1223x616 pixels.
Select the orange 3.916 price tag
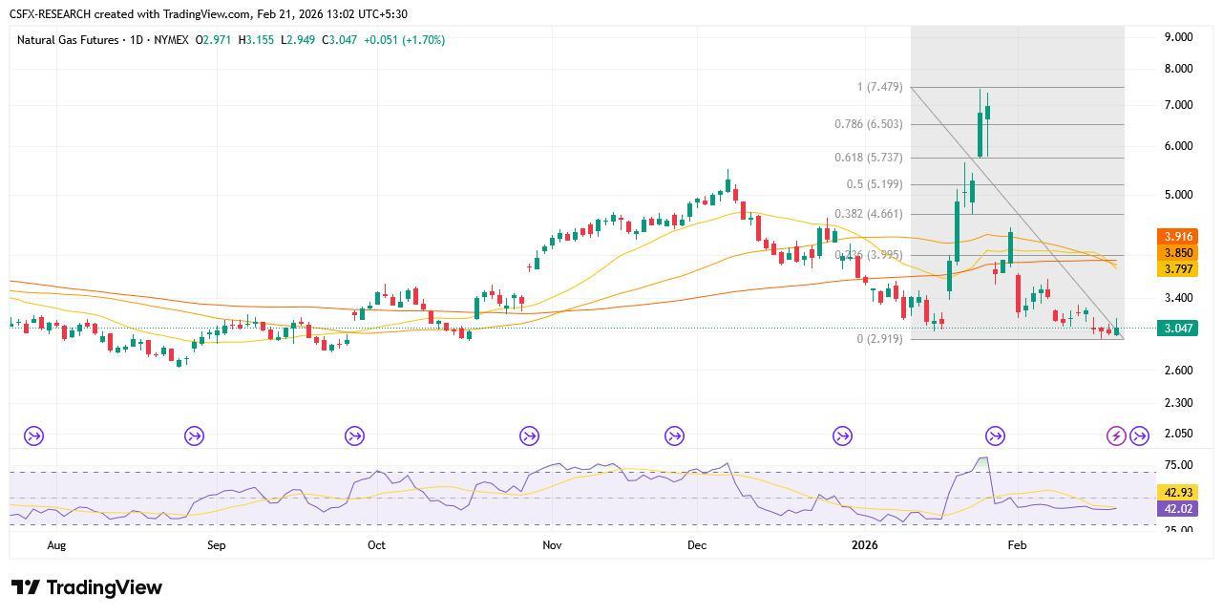[1176, 237]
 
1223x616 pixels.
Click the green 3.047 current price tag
[1176, 329]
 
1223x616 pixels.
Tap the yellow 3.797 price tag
[1176, 269]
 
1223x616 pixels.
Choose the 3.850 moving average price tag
[1176, 253]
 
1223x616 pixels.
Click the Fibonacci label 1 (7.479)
[879, 88]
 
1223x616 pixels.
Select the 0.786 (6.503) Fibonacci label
[868, 124]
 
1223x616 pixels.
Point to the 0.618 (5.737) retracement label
[868, 158]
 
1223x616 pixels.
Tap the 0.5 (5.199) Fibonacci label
[874, 184]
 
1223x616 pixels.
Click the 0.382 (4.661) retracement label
[868, 214]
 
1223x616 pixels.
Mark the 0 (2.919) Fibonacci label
[879, 339]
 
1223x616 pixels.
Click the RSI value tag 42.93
[1176, 493]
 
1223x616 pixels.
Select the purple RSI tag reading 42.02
[1176, 509]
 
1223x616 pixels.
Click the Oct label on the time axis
[376, 545]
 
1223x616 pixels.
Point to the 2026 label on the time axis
[864, 545]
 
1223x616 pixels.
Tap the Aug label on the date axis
[56, 545]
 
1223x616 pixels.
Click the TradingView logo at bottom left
[87, 587]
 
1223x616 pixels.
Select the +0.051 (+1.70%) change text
[404, 40]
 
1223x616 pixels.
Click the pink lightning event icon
[1115, 436]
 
